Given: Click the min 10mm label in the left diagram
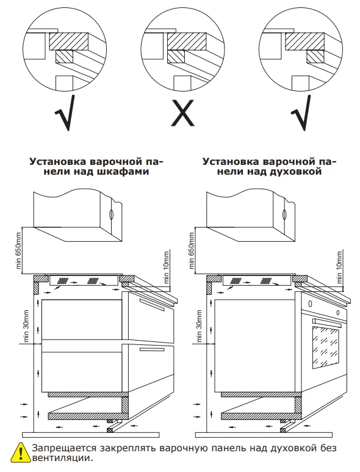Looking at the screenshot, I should click(x=167, y=266).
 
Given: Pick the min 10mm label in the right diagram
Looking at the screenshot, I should click(x=339, y=266).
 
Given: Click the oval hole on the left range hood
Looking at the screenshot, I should click(x=111, y=214).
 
